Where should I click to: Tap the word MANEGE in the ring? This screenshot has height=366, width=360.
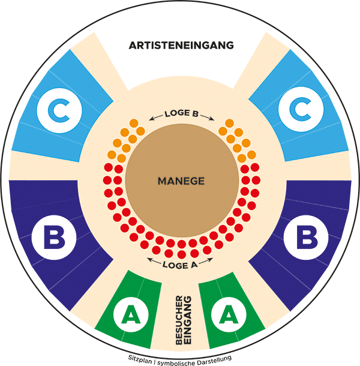[x=181, y=181]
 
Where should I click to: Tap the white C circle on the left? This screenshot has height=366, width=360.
[x=58, y=110]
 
